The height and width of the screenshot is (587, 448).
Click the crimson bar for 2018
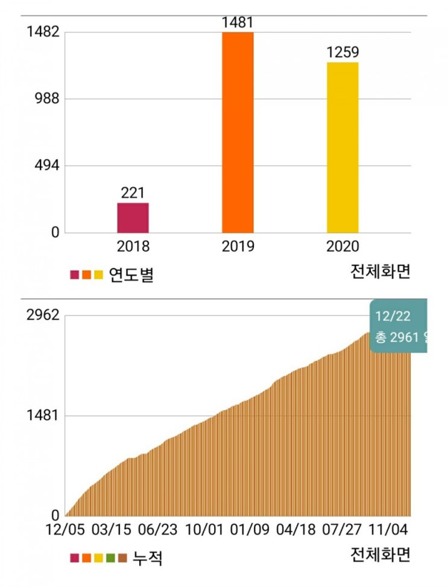133,218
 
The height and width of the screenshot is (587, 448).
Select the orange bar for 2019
238,133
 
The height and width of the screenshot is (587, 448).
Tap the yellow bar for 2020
342,148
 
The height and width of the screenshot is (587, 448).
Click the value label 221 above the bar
133,193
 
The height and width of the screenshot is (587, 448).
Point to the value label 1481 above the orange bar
238,23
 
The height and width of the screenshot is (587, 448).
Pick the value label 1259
342,52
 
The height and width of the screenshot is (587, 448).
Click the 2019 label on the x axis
238,247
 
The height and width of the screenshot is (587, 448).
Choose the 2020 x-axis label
342,247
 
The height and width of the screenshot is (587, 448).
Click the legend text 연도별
131,275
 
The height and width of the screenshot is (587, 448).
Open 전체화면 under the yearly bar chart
380,272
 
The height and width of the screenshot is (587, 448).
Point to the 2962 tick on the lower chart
42,316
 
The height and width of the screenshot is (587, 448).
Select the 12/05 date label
65,530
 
